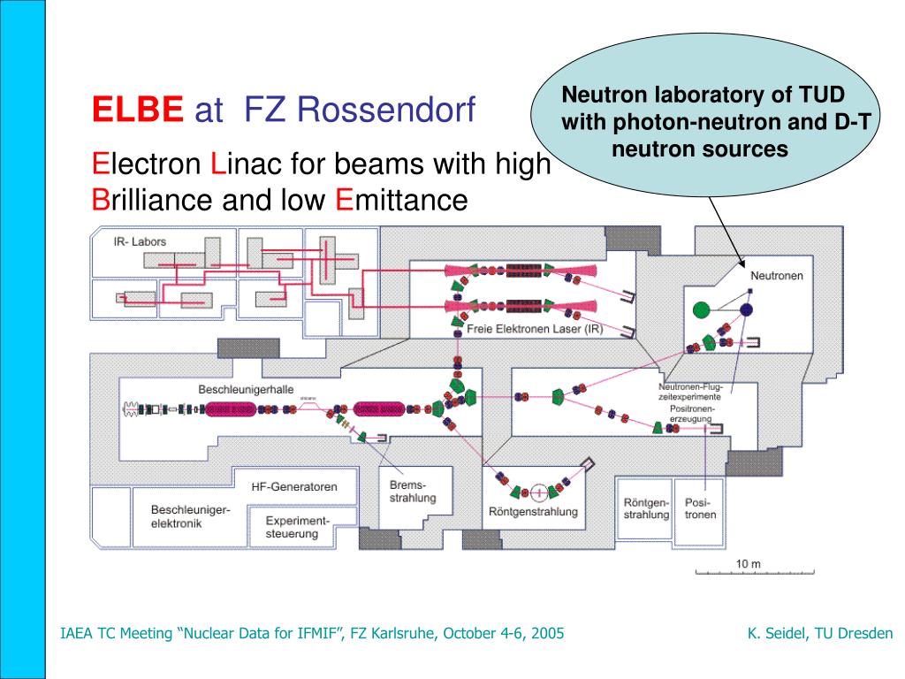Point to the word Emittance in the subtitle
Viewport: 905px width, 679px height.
[399, 200]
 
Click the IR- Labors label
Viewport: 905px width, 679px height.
[140, 241]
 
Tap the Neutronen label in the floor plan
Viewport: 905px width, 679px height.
[777, 276]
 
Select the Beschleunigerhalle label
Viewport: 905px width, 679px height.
[246, 389]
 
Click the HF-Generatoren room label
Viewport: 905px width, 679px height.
[293, 486]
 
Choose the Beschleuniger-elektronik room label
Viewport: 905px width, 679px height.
[190, 516]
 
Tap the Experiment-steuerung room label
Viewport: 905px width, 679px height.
[297, 527]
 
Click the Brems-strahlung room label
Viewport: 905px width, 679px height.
[413, 492]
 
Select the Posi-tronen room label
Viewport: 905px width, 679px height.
[700, 508]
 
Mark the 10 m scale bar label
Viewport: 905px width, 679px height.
[748, 564]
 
